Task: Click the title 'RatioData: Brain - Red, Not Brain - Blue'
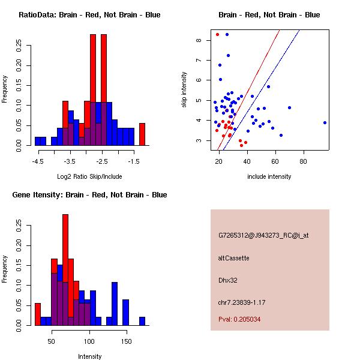(89, 15)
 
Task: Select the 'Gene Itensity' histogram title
(89, 195)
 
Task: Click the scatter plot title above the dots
(269, 15)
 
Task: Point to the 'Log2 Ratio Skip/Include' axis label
(89, 176)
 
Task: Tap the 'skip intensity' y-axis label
(184, 90)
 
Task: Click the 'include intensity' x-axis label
(269, 176)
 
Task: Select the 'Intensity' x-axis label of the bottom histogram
(89, 356)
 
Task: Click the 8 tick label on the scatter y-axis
(199, 40)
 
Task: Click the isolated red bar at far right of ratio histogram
(142, 134)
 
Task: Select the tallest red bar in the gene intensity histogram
(65, 270)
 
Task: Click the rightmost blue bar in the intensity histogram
(142, 321)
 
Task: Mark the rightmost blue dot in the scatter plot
(325, 122)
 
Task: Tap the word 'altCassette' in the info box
(233, 258)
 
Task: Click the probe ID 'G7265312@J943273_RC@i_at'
(263, 236)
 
